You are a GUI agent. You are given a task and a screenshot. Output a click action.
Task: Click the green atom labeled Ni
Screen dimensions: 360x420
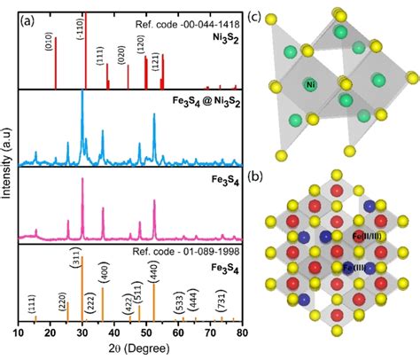pyautogui.click(x=310, y=85)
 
